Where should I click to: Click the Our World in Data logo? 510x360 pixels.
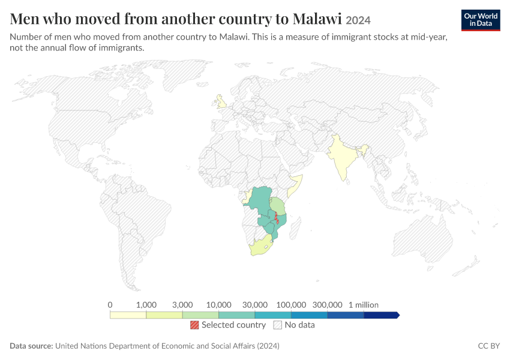pos(481,20)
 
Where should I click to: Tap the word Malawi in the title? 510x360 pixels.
pos(317,19)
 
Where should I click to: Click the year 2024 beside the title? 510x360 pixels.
pos(358,20)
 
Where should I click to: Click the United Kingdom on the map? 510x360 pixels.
pos(222,103)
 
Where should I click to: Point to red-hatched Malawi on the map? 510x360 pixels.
pos(277,218)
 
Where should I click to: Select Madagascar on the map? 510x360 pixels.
pos(295,229)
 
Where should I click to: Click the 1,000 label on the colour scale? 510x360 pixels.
pos(146,305)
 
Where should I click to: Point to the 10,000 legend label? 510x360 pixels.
pos(218,305)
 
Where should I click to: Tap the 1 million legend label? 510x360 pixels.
pos(364,305)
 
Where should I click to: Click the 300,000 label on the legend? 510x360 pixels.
pos(327,305)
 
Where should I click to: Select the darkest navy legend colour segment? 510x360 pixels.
pos(381,315)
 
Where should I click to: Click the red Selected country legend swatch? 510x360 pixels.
pos(194,325)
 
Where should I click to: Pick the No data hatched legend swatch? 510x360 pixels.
pos(278,325)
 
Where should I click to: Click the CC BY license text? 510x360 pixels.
pos(489,346)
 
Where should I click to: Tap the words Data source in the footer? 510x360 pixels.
pos(31,346)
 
